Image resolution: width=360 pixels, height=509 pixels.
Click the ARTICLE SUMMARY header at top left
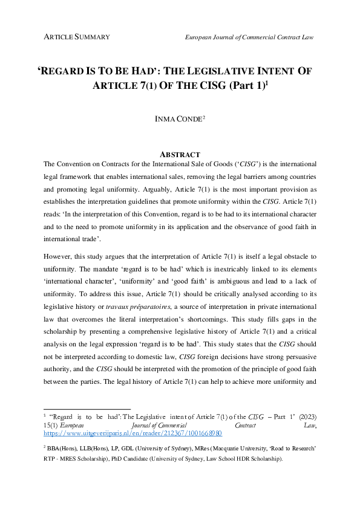click(x=77, y=37)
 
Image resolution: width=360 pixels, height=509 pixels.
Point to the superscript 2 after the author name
click(x=204, y=117)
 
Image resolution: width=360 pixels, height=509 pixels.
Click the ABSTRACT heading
click(x=179, y=155)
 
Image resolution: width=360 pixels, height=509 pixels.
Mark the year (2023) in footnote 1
click(x=305, y=418)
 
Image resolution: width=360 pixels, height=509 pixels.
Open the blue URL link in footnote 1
click(x=133, y=433)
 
